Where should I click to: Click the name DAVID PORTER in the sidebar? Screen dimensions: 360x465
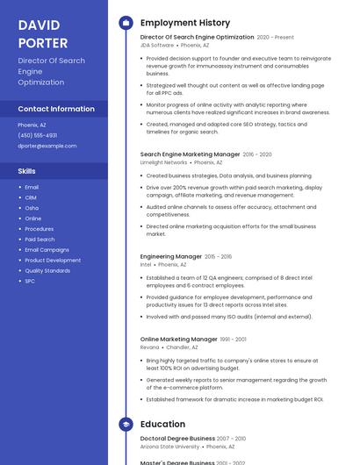pyautogui.click(x=43, y=34)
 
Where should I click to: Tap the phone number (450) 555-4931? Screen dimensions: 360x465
pyautogui.click(x=37, y=135)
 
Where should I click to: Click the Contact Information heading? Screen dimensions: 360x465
pyautogui.click(x=56, y=109)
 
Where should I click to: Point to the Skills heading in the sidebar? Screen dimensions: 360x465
pyautogui.click(x=27, y=171)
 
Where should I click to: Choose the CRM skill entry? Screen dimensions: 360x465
pyautogui.click(x=31, y=197)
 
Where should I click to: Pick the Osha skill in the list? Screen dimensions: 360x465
pyautogui.click(x=32, y=208)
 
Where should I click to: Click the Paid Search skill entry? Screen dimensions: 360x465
pyautogui.click(x=40, y=240)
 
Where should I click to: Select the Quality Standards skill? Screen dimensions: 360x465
pyautogui.click(x=47, y=270)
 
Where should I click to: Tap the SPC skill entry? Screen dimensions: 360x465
pyautogui.click(x=30, y=281)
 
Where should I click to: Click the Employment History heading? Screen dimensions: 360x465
pyautogui.click(x=185, y=23)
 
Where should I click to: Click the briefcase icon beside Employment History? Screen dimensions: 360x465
pyautogui.click(x=126, y=23)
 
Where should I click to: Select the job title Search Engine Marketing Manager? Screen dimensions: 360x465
pyautogui.click(x=190, y=154)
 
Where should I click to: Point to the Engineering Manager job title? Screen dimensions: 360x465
pyautogui.click(x=171, y=256)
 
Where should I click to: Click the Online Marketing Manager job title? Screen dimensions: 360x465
pyautogui.click(x=178, y=339)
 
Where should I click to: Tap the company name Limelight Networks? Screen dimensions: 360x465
pyautogui.click(x=163, y=162)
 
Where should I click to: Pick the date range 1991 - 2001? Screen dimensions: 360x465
pyautogui.click(x=234, y=340)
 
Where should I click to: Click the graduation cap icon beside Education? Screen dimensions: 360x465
pyautogui.click(x=126, y=425)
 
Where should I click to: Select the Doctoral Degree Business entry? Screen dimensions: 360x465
pyautogui.click(x=177, y=438)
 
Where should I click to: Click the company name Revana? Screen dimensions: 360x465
pyautogui.click(x=150, y=347)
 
